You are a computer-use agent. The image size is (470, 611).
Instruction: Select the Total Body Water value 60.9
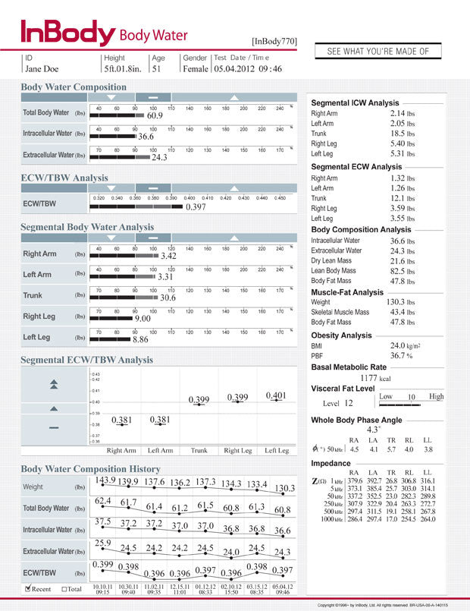click(x=155, y=116)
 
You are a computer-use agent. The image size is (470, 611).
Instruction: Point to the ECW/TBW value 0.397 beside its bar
click(x=196, y=207)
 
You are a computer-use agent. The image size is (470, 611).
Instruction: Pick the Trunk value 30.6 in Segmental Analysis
click(x=168, y=298)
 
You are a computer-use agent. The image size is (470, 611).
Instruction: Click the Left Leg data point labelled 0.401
click(x=276, y=395)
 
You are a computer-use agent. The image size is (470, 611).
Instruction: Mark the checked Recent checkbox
click(x=28, y=588)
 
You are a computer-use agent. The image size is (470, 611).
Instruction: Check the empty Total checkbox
click(x=65, y=588)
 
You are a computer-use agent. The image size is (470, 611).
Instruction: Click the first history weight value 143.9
click(x=105, y=480)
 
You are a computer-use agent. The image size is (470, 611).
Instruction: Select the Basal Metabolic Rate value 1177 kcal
click(x=374, y=377)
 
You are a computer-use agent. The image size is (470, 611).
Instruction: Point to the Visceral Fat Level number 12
click(x=349, y=404)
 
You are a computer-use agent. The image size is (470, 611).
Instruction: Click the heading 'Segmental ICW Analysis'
click(x=355, y=103)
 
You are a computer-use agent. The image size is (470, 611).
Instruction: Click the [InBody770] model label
click(x=274, y=41)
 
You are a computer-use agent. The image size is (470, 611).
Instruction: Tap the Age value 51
click(x=157, y=69)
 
